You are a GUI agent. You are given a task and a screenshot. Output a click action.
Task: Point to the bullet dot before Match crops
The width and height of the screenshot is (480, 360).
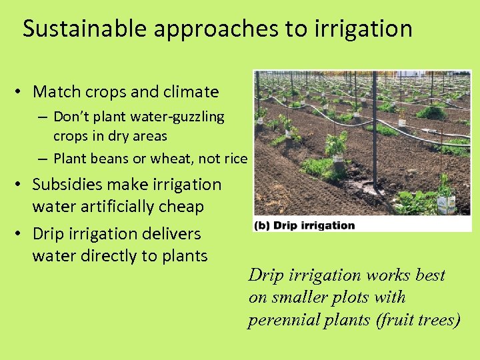(x=22, y=92)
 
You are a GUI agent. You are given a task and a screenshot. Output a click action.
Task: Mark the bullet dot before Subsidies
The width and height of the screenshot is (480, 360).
(x=22, y=185)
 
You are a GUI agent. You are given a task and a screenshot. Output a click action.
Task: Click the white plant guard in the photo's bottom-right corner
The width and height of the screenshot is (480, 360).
(x=445, y=203)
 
